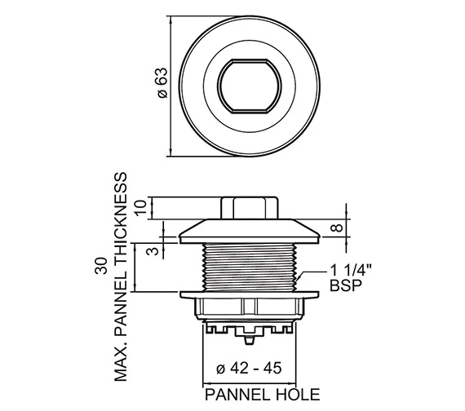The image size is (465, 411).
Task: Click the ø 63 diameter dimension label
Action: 162,83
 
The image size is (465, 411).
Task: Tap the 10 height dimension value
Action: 141,208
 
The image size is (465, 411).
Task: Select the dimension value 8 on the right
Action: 337,228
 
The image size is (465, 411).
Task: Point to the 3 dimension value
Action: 153,251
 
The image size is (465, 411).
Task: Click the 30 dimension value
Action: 100,266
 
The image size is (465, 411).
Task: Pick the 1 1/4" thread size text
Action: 351,271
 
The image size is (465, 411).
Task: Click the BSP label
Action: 346,285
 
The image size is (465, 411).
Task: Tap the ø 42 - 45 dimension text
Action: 249,369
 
